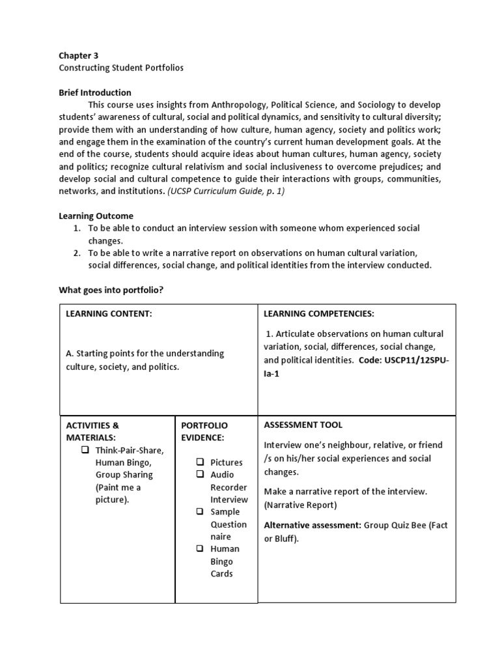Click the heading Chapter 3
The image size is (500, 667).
(79, 55)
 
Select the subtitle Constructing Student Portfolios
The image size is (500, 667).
(121, 68)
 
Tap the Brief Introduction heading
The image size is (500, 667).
(95, 92)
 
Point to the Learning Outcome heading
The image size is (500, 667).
(96, 216)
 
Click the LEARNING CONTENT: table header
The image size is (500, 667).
(109, 314)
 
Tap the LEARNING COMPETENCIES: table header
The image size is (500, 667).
(318, 314)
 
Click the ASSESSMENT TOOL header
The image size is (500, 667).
(303, 425)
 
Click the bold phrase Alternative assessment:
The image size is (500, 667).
(312, 524)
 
